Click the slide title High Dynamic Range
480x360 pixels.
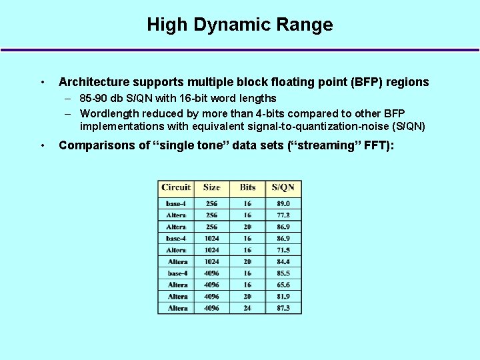pyautogui.click(x=239, y=25)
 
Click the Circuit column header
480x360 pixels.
pyautogui.click(x=176, y=187)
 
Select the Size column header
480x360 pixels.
pyautogui.click(x=211, y=187)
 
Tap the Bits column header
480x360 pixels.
pyautogui.click(x=247, y=187)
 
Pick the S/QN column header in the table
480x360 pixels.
pyautogui.click(x=283, y=187)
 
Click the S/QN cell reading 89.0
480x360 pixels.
pyautogui.click(x=283, y=203)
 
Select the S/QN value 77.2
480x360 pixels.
pyautogui.click(x=283, y=215)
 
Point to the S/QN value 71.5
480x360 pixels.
pyautogui.click(x=283, y=250)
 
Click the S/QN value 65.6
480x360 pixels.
pyautogui.click(x=283, y=285)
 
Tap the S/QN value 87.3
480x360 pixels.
pyautogui.click(x=283, y=308)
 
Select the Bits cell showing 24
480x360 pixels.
pyautogui.click(x=247, y=308)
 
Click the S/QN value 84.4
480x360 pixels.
pyautogui.click(x=283, y=261)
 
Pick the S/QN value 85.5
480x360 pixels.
pyautogui.click(x=283, y=273)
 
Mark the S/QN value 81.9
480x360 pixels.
pyautogui.click(x=283, y=297)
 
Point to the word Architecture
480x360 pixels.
pyautogui.click(x=93, y=82)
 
